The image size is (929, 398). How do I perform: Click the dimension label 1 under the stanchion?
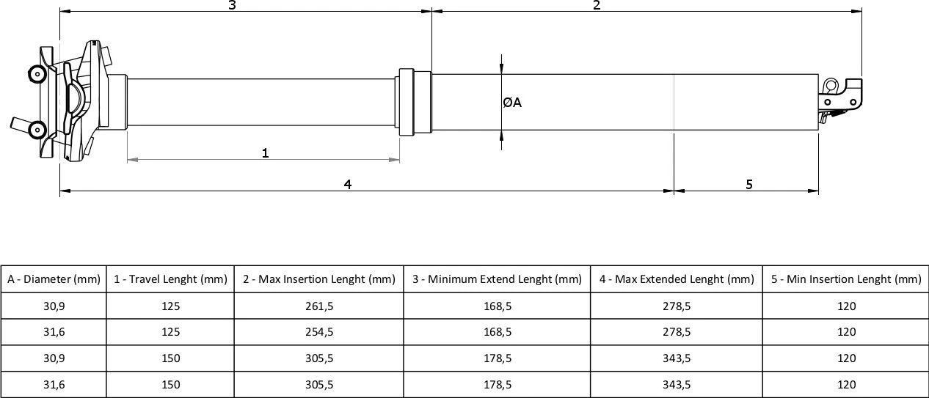click(x=265, y=152)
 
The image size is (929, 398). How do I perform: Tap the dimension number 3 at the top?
click(x=232, y=6)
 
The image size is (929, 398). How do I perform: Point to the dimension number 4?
click(x=348, y=184)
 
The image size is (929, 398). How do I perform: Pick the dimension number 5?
click(x=748, y=184)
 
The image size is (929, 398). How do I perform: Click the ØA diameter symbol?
click(x=512, y=103)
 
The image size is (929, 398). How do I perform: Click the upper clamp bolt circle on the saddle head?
click(x=35, y=73)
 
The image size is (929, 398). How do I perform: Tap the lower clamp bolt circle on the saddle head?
click(x=35, y=130)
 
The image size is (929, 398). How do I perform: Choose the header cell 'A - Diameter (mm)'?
click(x=54, y=279)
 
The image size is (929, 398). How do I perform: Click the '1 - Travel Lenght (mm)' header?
click(x=170, y=279)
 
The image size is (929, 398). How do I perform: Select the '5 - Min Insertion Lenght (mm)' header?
click(x=845, y=279)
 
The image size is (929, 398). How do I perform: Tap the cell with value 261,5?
click(x=318, y=306)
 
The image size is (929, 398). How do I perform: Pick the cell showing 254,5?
click(x=318, y=332)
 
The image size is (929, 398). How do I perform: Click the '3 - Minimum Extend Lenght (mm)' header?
click(x=497, y=279)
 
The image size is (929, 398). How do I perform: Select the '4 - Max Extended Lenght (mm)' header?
click(x=676, y=279)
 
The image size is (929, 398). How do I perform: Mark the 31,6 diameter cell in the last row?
click(x=54, y=384)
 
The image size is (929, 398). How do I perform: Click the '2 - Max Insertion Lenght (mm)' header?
click(x=318, y=279)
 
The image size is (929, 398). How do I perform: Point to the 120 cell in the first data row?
click(x=845, y=306)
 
